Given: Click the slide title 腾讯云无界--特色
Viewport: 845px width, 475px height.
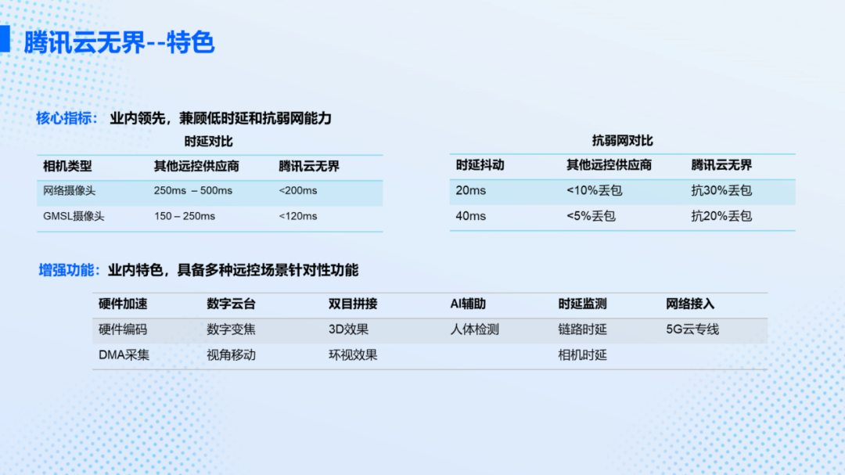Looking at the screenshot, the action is pos(119,42).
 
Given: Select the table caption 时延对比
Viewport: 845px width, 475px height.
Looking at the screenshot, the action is pos(209,142).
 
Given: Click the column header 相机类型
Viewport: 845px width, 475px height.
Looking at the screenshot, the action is pos(67,166).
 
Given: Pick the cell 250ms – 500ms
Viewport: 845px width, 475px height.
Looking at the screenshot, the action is pos(193,191).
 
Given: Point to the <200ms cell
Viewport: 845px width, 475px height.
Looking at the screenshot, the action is pos(297,191).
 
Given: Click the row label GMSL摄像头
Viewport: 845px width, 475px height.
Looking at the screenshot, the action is pos(74,216).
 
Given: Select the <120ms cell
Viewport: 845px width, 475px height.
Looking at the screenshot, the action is pos(297,216).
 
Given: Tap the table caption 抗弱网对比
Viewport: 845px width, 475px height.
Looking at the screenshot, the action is pos(623,141).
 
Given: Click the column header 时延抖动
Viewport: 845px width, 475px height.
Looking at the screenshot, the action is pos(480,165).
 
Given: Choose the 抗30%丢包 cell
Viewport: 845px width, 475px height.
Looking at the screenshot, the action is pos(721,190).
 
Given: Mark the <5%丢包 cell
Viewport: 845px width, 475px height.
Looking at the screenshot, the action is pos(591,216).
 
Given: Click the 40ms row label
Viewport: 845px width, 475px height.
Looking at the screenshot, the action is pos(470,216).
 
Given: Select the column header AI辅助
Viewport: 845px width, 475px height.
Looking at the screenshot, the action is pos(468,304).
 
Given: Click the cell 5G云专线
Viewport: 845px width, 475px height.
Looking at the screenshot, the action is pos(692,329).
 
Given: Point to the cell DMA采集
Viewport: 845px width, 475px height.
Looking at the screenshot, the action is pos(124,354).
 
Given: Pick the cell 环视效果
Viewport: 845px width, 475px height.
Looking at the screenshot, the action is pos(353,354).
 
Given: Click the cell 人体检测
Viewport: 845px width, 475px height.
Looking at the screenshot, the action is pos(475,329).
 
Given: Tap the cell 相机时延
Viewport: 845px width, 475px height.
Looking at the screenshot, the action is pos(583,354).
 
